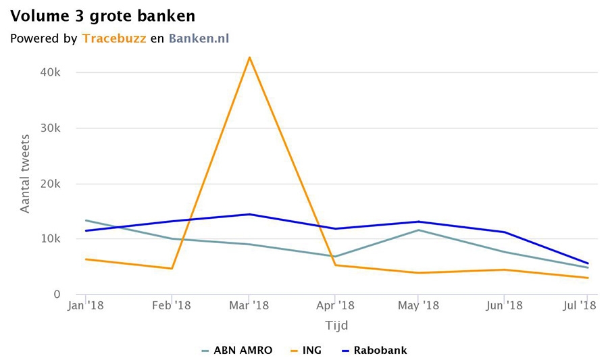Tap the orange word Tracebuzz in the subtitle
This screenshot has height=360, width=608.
click(113, 38)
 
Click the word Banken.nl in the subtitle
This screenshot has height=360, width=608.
click(199, 38)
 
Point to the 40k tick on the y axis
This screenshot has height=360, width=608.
click(51, 73)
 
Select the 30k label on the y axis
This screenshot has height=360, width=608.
click(51, 128)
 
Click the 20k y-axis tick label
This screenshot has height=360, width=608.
click(51, 184)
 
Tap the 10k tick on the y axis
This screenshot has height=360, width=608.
click(51, 239)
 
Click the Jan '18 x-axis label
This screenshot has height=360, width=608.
click(86, 306)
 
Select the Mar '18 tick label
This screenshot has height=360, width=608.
click(250, 306)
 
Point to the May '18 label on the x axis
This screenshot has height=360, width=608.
click(418, 306)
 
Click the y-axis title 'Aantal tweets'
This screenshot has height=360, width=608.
click(25, 175)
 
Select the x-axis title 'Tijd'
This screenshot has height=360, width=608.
click(336, 326)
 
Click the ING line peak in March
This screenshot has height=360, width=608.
click(250, 57)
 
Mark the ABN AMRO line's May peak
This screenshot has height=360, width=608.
click(419, 230)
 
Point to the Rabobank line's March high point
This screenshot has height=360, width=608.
click(250, 214)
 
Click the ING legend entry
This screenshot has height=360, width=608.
click(307, 350)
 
